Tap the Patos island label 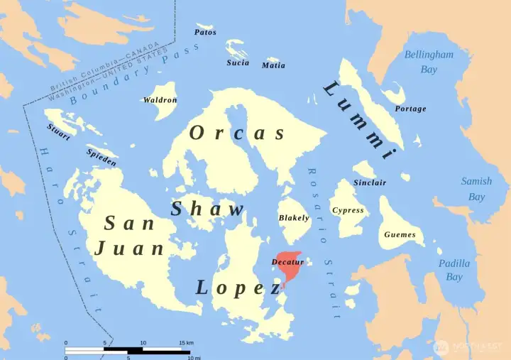pyautogui.click(x=205, y=32)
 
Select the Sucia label pyautogui.click(x=238, y=62)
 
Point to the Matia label pyautogui.click(x=273, y=65)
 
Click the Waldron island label pyautogui.click(x=160, y=100)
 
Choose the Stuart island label pyautogui.click(x=58, y=132)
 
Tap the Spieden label pyautogui.click(x=101, y=157)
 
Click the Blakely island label pyautogui.click(x=294, y=218)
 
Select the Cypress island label pyautogui.click(x=348, y=210)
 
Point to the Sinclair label pyautogui.click(x=370, y=182)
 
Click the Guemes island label pyautogui.click(x=400, y=234)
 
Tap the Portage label pyautogui.click(x=410, y=109)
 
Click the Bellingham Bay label pyautogui.click(x=429, y=62)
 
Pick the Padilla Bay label pyautogui.click(x=454, y=270)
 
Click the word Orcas pyautogui.click(x=237, y=133)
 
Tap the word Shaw pyautogui.click(x=207, y=209)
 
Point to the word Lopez pyautogui.click(x=238, y=288)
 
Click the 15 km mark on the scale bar pyautogui.click(x=182, y=343)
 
